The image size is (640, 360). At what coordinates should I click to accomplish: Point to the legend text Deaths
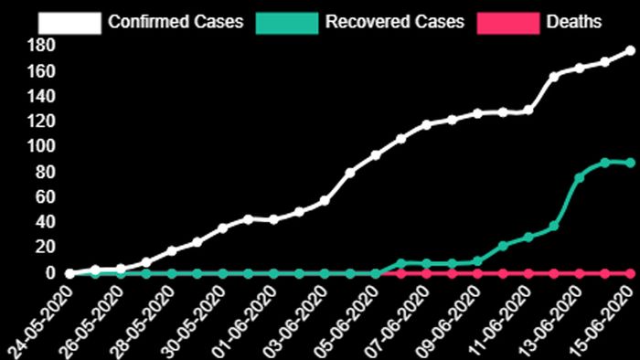(x=573, y=20)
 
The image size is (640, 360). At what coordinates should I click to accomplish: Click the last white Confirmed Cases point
(x=630, y=51)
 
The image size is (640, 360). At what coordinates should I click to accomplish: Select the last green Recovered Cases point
(x=630, y=163)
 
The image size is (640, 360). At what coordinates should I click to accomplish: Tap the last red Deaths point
(x=630, y=272)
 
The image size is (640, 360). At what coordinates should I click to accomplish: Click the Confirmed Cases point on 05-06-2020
(x=375, y=155)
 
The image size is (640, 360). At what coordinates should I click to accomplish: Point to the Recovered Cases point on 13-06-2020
(x=579, y=177)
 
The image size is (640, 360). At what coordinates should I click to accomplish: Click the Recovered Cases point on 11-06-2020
(x=528, y=238)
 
